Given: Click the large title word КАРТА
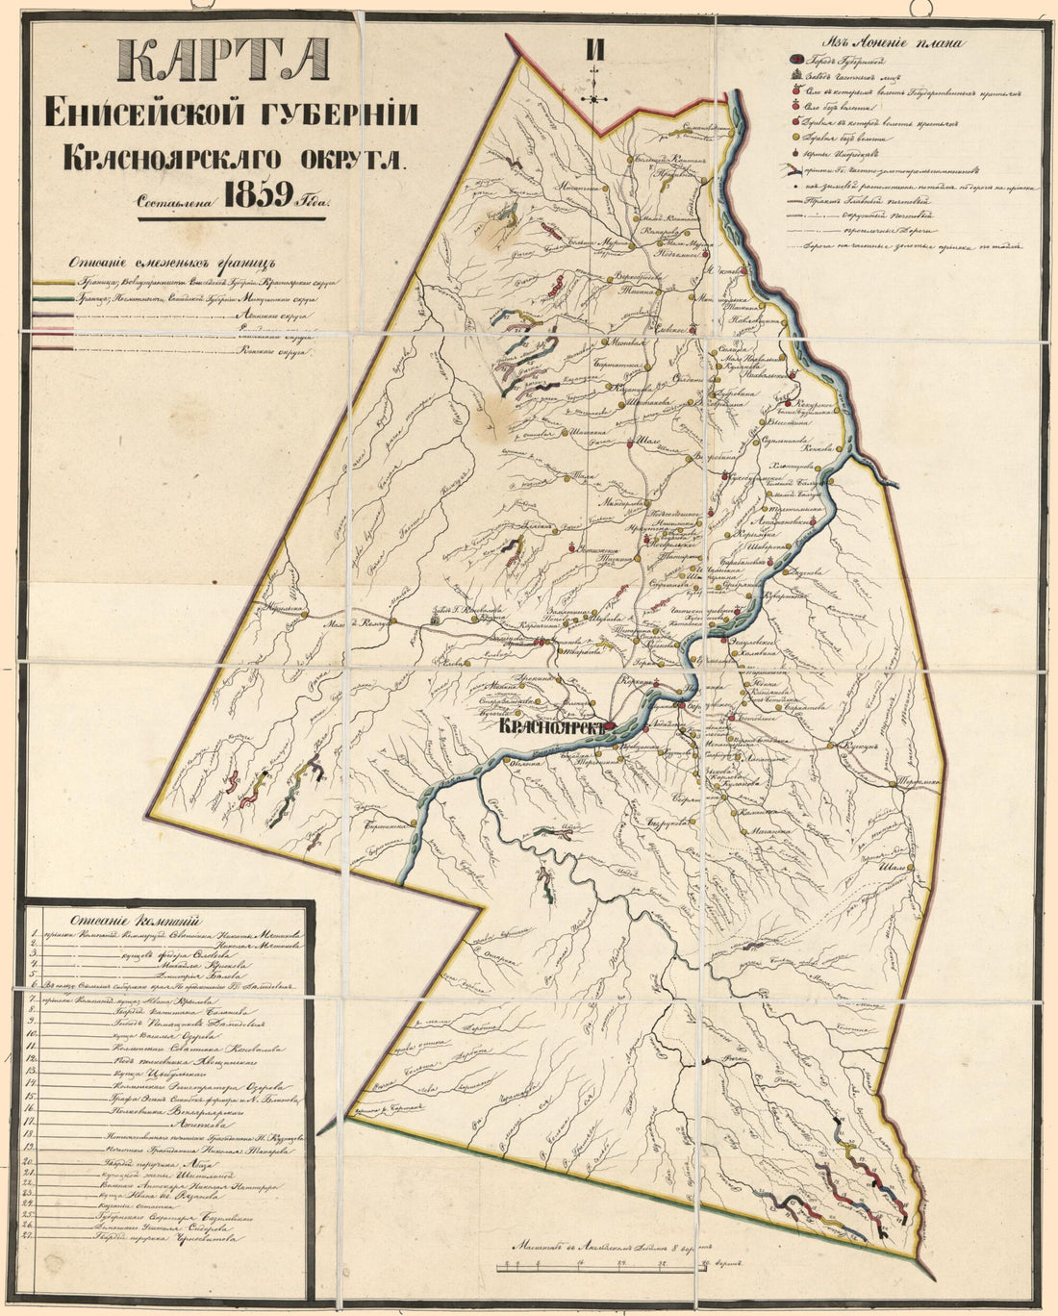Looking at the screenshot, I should coord(223,63).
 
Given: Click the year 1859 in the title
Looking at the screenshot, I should coord(257,196).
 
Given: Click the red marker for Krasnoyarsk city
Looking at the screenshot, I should coord(611,729).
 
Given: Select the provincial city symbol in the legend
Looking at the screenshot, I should coord(794,61).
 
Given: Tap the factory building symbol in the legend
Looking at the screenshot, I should coord(794,76).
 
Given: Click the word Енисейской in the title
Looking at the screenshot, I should coord(142,114).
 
